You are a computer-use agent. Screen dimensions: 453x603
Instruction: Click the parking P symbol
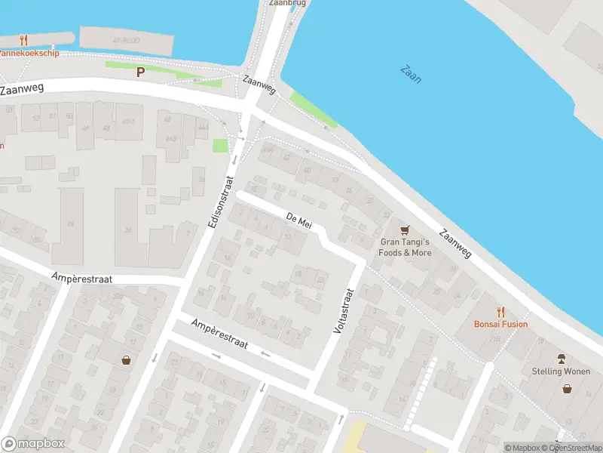139,72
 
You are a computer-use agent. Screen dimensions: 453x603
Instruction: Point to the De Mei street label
299,220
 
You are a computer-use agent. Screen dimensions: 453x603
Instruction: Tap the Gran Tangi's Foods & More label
406,248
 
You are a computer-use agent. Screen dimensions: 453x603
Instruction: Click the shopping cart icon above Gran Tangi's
406,230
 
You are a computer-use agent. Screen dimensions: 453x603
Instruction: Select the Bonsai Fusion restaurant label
500,324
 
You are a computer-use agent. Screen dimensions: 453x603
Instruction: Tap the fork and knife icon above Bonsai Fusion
500,311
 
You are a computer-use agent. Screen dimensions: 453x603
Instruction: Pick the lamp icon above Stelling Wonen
561,359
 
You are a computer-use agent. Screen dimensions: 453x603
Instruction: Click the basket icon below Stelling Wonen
567,389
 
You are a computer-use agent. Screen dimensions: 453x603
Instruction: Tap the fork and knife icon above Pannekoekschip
23,40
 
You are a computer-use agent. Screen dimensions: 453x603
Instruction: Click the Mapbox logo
32,444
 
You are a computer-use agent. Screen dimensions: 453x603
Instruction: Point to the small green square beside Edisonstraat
220,146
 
